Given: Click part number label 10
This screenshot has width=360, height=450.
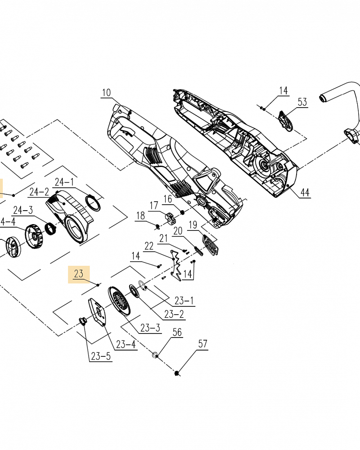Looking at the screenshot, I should tap(106, 93).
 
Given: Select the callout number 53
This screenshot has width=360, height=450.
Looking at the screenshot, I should tap(302, 103).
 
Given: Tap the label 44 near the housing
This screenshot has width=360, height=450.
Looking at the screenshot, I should tap(305, 193).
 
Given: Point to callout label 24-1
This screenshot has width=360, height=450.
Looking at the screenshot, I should tap(64, 182).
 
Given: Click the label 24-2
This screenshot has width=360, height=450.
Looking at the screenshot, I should tap(39, 192).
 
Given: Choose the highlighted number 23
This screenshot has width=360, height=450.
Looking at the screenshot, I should tap(79, 273).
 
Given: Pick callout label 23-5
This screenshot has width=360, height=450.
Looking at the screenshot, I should tap(101, 356).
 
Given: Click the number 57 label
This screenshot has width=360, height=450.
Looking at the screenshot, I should tap(203, 344).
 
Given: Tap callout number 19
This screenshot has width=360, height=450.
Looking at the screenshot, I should tap(193, 225).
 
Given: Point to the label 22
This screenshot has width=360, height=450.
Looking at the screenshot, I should tap(149, 246).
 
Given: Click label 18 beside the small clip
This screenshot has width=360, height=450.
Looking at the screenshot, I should tap(141, 216).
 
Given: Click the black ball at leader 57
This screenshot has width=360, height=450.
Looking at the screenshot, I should tap(177, 373).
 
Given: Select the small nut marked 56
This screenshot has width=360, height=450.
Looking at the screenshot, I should tap(155, 355).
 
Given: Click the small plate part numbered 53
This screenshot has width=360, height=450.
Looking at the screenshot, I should tap(285, 121).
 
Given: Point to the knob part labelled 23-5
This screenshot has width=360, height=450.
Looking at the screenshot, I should tap(82, 320).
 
